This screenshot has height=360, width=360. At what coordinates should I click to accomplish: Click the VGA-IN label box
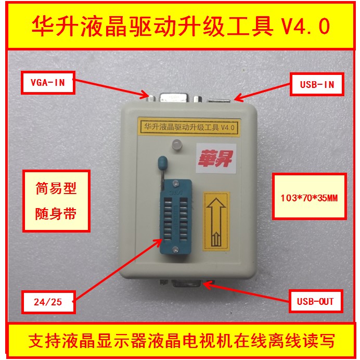tap(48, 82)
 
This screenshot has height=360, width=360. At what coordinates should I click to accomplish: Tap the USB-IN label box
tap(317, 84)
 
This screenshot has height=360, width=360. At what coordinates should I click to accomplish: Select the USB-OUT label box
tap(316, 301)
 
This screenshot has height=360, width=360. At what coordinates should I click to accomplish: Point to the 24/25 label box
tap(48, 302)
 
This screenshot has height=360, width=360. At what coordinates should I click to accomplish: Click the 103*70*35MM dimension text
tap(309, 198)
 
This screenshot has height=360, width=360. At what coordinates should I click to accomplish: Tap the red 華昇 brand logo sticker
tap(216, 159)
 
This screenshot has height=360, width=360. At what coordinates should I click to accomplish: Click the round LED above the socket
tap(177, 145)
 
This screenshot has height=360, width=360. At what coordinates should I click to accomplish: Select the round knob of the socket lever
tap(162, 162)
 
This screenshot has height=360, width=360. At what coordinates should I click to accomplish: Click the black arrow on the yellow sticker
tap(216, 222)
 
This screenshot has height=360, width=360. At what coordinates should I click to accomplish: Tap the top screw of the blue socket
tap(175, 183)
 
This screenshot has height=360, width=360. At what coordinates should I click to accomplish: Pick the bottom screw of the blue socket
tap(175, 249)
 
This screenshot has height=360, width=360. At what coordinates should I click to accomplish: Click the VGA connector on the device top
tap(174, 97)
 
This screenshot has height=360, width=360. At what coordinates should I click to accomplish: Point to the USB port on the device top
tap(218, 100)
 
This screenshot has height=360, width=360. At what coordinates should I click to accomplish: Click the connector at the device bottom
tap(187, 284)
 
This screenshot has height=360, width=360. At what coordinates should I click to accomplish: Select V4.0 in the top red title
tap(305, 26)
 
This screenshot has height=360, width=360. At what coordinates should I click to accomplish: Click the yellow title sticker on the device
tap(189, 127)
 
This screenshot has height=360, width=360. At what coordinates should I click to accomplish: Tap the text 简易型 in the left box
tap(56, 188)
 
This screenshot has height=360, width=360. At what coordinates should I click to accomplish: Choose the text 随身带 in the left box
tap(56, 213)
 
